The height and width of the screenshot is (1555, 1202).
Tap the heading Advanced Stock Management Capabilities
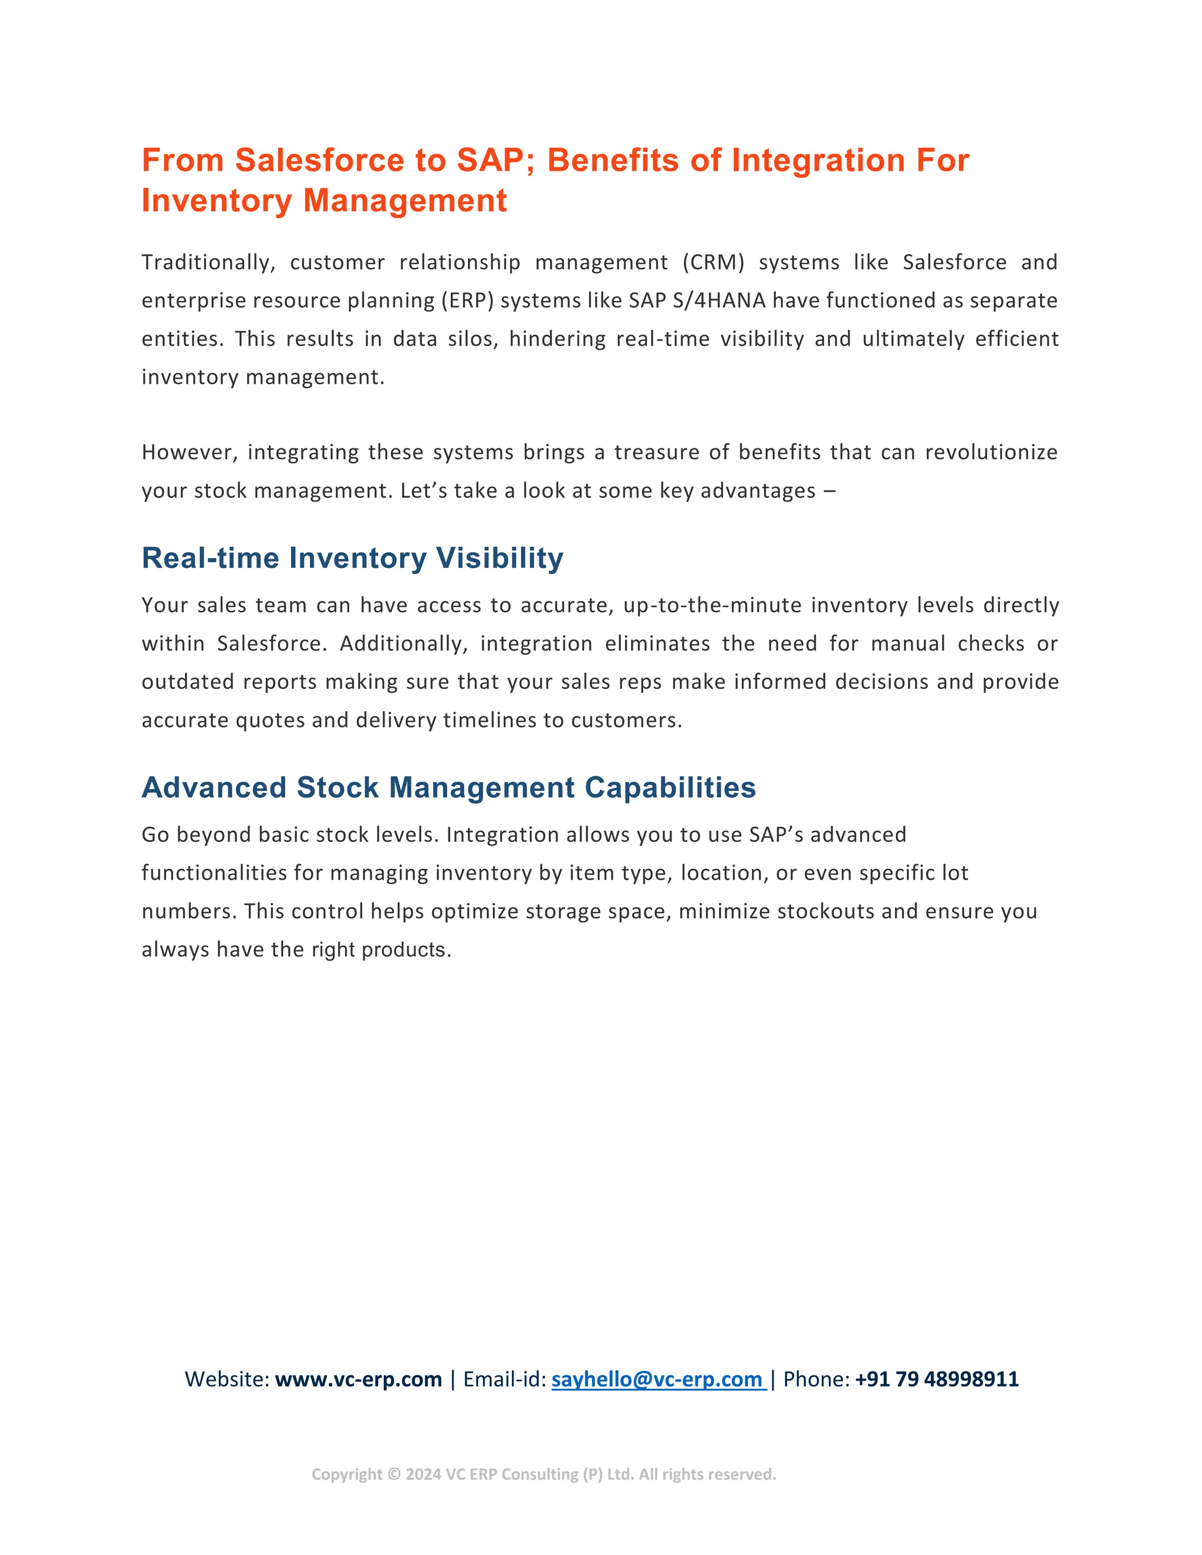point(448,787)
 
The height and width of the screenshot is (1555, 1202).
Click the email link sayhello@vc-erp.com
point(657,1379)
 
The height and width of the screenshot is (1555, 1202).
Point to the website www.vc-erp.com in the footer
point(358,1379)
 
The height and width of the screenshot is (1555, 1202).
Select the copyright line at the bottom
point(543,1475)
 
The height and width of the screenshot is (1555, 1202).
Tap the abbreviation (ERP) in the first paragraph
point(467,300)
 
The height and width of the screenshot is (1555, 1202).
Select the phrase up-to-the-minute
point(712,605)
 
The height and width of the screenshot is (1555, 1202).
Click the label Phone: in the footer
point(816,1379)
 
